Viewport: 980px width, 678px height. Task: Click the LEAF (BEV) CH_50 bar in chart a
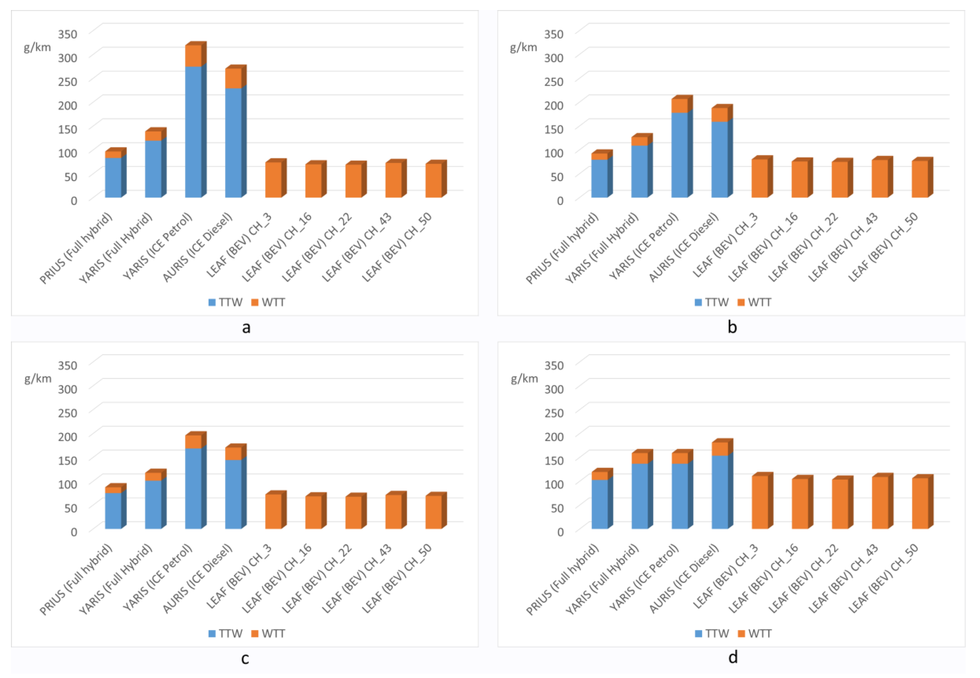click(x=434, y=180)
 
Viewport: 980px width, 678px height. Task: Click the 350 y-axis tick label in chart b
click(x=554, y=34)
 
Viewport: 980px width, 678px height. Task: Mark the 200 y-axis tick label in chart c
click(x=68, y=436)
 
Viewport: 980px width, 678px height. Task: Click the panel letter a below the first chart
click(x=246, y=327)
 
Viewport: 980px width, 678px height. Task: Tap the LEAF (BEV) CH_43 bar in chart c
click(x=394, y=512)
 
